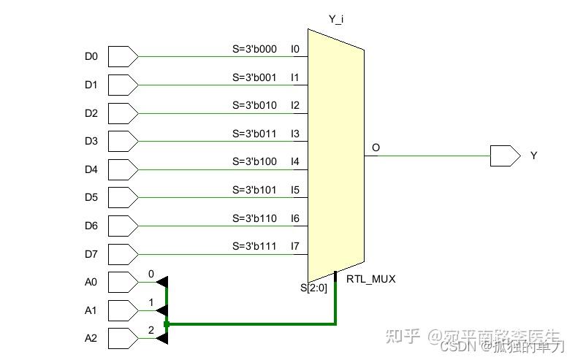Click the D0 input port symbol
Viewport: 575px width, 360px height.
pyautogui.click(x=122, y=56)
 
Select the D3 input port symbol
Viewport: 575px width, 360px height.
pyautogui.click(x=122, y=141)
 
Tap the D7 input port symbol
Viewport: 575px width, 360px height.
pyautogui.click(x=122, y=254)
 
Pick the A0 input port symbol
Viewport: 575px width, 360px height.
pyautogui.click(x=122, y=282)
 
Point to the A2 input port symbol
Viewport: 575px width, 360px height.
pyautogui.click(x=122, y=338)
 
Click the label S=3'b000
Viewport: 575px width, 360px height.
pyautogui.click(x=254, y=49)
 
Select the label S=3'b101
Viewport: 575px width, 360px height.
pyautogui.click(x=254, y=190)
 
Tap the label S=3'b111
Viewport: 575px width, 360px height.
pyautogui.click(x=254, y=246)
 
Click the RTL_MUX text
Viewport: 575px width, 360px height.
pyautogui.click(x=370, y=279)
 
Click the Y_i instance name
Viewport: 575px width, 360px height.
pyautogui.click(x=336, y=18)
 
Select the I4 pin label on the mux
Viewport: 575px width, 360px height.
pyautogui.click(x=295, y=161)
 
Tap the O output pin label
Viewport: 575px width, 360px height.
pyautogui.click(x=376, y=148)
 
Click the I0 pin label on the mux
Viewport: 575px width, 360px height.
pyautogui.click(x=295, y=49)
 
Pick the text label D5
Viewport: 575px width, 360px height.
pyautogui.click(x=91, y=198)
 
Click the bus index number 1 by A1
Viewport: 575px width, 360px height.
pyautogui.click(x=151, y=302)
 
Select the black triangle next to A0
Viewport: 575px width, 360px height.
pyautogui.click(x=162, y=282)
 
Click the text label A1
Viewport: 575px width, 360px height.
pyautogui.click(x=91, y=310)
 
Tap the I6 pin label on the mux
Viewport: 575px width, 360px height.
pyautogui.click(x=295, y=218)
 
